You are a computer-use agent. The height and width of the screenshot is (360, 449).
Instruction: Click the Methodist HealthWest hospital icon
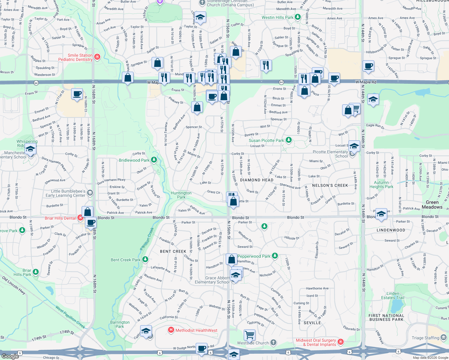pos(171,330)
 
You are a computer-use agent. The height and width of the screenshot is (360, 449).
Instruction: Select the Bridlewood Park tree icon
pos(154,160)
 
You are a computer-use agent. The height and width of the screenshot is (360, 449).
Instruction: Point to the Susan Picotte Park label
pos(266,140)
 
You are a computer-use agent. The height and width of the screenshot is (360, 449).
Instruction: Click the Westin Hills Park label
pos(277,17)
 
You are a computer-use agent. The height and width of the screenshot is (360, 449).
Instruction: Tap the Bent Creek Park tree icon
pos(145,259)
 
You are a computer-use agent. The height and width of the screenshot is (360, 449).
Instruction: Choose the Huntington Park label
pos(181,195)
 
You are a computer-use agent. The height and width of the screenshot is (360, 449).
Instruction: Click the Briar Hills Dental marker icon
pos(80,218)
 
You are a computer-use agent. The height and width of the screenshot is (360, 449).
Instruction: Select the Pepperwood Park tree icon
pos(275,256)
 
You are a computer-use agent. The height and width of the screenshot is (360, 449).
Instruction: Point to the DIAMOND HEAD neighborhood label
pos(257,180)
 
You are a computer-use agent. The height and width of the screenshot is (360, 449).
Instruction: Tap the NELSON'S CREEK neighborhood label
pos(330,185)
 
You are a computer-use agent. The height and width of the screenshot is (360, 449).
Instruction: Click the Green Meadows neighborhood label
pos(432,205)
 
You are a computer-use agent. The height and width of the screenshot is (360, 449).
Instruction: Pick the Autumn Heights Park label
pos(381,184)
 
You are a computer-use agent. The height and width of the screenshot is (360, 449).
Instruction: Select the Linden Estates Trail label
pos(393,295)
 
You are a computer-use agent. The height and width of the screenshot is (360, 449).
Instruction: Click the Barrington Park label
pos(120,324)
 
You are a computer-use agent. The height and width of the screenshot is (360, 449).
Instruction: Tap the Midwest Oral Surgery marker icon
pos(340,342)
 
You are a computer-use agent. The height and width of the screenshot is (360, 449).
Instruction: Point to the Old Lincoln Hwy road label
pos(14,285)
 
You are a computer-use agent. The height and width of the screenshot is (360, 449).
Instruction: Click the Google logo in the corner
pos(10,356)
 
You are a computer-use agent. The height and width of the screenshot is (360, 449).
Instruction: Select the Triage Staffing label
pos(425,338)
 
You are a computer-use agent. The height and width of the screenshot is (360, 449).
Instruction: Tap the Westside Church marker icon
pos(273,342)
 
